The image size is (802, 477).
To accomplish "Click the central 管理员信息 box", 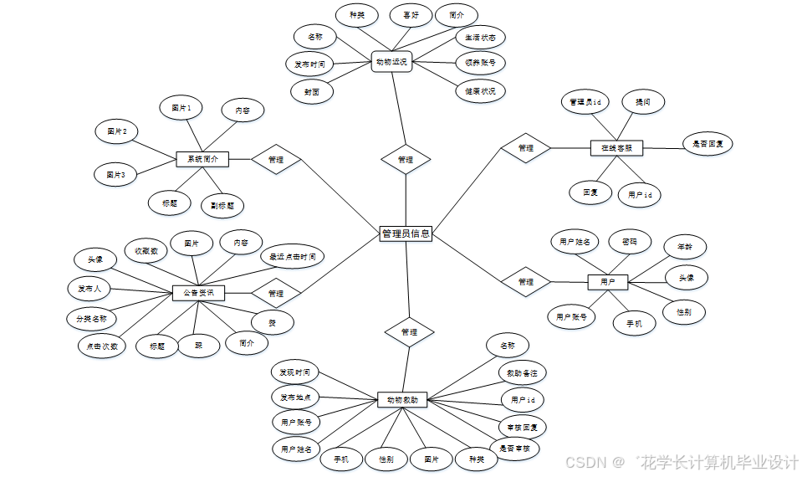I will click(406, 233).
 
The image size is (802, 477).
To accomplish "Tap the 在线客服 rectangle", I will click(616, 148).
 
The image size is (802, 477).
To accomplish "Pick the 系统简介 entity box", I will click(202, 159).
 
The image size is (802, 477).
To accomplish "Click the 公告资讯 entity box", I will click(199, 293).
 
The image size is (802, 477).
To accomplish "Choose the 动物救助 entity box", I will click(407, 400).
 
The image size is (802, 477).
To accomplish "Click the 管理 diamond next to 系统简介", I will click(276, 159).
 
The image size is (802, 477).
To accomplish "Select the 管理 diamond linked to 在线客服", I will click(526, 148).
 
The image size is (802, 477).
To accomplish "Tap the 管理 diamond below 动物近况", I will click(406, 159).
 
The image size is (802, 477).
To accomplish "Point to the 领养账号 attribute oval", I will click(480, 63).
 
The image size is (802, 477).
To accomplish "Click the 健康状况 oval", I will click(480, 91).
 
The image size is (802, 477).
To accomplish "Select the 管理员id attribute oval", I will click(585, 103).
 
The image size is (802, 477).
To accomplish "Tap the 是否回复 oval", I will click(707, 144).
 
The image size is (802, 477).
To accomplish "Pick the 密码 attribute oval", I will click(630, 242).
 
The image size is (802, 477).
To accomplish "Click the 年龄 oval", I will click(684, 248).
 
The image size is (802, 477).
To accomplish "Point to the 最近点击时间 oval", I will click(292, 257).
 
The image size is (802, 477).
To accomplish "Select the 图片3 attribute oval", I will click(115, 175).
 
